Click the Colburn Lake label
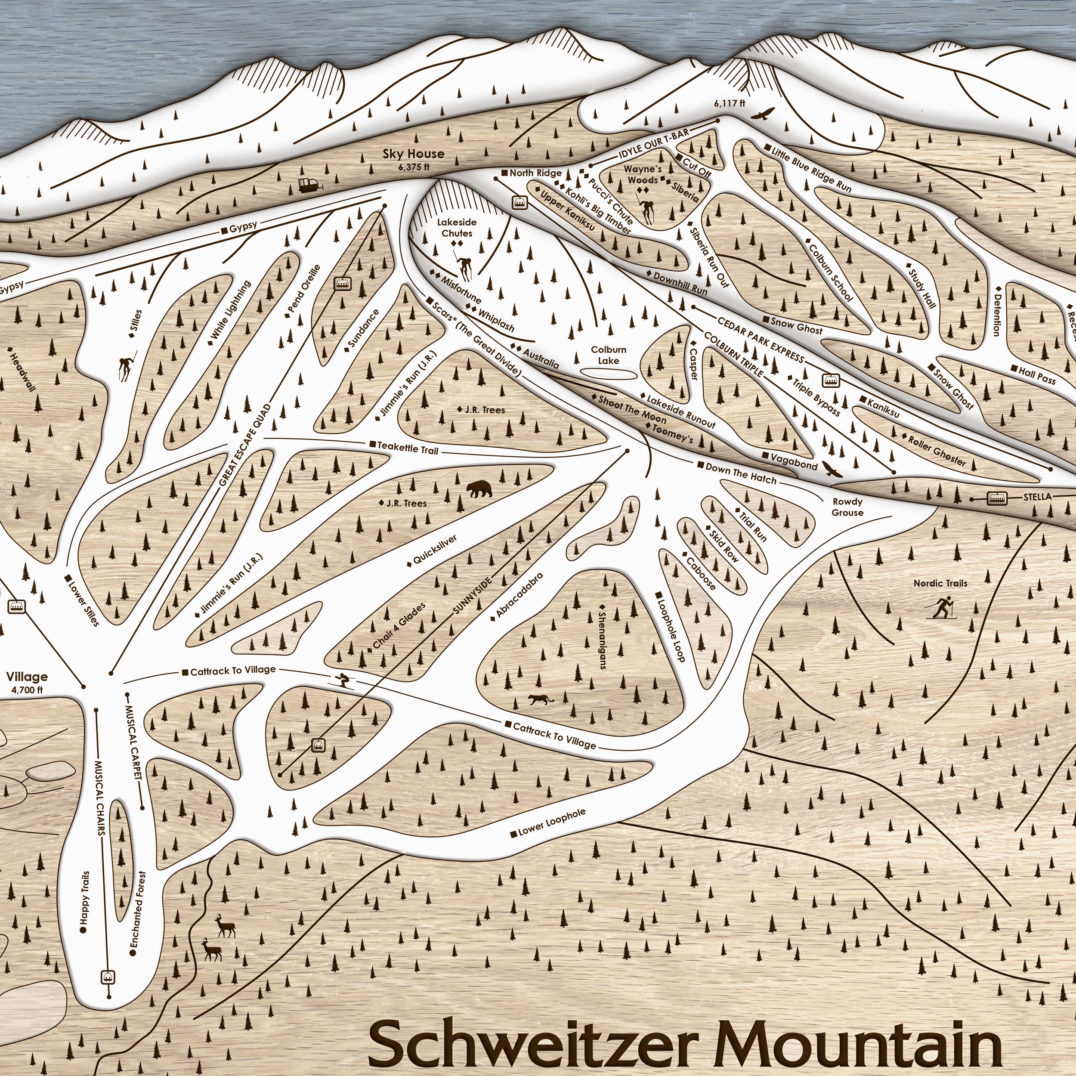point(608,355)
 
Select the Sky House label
point(413,154)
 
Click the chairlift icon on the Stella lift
point(996,498)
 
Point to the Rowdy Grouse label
point(847,507)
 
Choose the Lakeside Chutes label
point(457,228)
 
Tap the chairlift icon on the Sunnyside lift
point(318,744)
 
